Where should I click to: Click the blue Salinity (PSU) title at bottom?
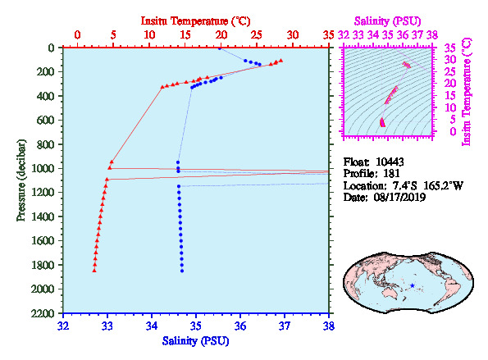[x=195, y=340]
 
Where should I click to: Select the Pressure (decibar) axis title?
[x=21, y=180]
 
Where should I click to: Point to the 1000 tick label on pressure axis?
[x=43, y=168]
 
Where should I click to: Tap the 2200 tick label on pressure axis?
[x=43, y=313]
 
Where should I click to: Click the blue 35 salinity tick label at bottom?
[x=196, y=326]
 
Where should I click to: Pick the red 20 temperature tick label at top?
[x=221, y=34]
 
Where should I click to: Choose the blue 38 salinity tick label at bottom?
[x=328, y=326]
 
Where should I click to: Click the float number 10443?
[x=390, y=162]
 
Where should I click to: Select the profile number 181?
[x=391, y=173]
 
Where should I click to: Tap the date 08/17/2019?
[x=399, y=198]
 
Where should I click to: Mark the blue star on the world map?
[x=413, y=285]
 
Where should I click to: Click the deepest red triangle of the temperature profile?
[x=94, y=271]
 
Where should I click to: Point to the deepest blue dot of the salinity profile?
[x=182, y=271]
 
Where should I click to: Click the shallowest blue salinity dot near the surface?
[x=220, y=48]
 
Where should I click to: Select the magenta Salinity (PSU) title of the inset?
[x=387, y=21]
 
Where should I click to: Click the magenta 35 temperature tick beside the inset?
[x=450, y=48]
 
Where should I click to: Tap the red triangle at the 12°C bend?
[x=162, y=87]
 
